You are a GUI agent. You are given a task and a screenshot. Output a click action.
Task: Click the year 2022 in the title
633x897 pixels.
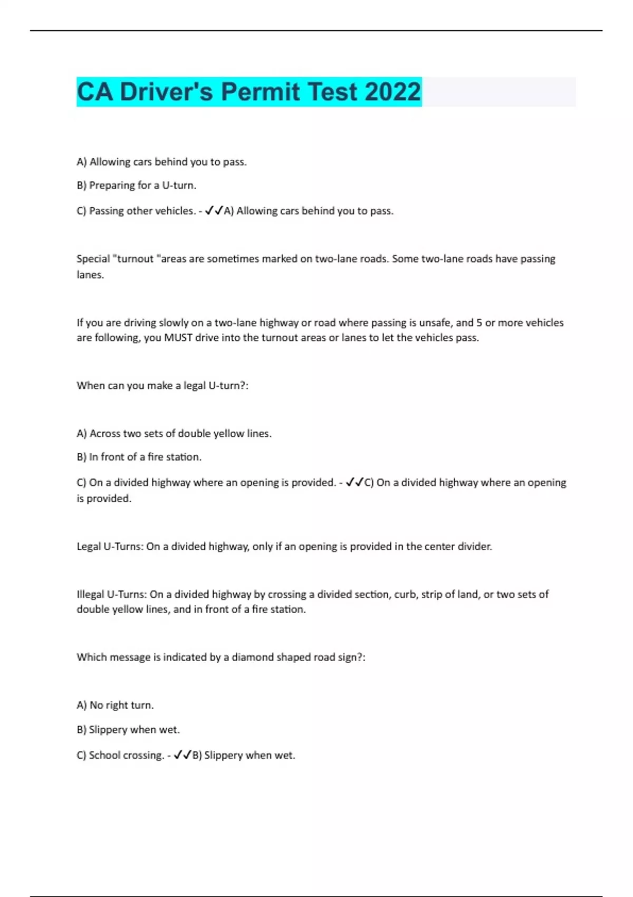(392, 92)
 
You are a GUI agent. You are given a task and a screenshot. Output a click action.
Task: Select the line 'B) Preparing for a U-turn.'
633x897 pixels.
(136, 185)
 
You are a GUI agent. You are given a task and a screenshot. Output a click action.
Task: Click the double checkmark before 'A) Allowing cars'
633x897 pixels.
(214, 211)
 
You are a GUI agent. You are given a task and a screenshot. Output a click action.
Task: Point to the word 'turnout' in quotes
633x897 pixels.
(135, 259)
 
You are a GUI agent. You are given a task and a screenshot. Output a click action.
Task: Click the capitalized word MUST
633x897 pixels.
(178, 338)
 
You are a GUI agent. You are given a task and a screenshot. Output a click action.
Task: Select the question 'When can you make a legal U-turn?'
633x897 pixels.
(162, 386)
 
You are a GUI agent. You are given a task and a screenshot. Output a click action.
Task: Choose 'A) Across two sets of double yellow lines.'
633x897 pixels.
(174, 434)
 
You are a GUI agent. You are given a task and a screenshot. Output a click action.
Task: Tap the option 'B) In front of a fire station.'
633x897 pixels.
(139, 457)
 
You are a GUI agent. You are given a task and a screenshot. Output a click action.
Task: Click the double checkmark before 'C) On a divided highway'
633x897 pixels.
(354, 482)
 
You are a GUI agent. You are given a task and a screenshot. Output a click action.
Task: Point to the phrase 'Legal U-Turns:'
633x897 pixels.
(110, 547)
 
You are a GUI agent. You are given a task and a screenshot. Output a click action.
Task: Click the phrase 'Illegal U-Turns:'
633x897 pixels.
(112, 595)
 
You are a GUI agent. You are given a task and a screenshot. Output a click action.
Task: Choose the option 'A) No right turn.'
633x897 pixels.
(115, 705)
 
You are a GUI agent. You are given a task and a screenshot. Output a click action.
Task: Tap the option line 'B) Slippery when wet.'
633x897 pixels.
(128, 730)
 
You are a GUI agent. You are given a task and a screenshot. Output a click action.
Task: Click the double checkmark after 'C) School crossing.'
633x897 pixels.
(183, 755)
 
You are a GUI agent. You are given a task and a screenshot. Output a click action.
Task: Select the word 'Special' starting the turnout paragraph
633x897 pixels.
(93, 259)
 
